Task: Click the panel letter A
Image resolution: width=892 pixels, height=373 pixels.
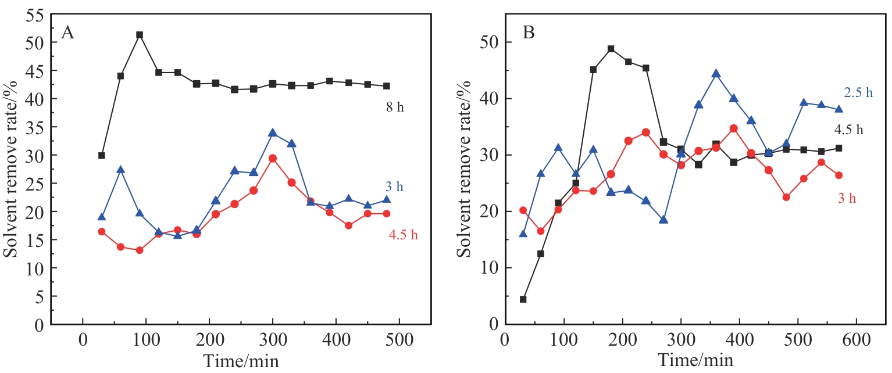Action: pos(67,33)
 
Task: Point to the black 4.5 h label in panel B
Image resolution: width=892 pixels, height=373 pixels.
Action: pos(849,130)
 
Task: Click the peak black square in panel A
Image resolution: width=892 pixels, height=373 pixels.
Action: pos(140,35)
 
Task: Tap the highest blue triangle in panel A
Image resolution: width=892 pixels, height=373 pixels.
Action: pos(272,133)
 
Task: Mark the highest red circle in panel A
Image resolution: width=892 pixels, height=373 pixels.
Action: pos(272,158)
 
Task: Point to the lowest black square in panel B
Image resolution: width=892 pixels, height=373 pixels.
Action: pos(523,299)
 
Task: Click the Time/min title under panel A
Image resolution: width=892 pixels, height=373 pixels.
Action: pos(241,361)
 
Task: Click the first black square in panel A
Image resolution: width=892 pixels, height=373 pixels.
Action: pos(102,156)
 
